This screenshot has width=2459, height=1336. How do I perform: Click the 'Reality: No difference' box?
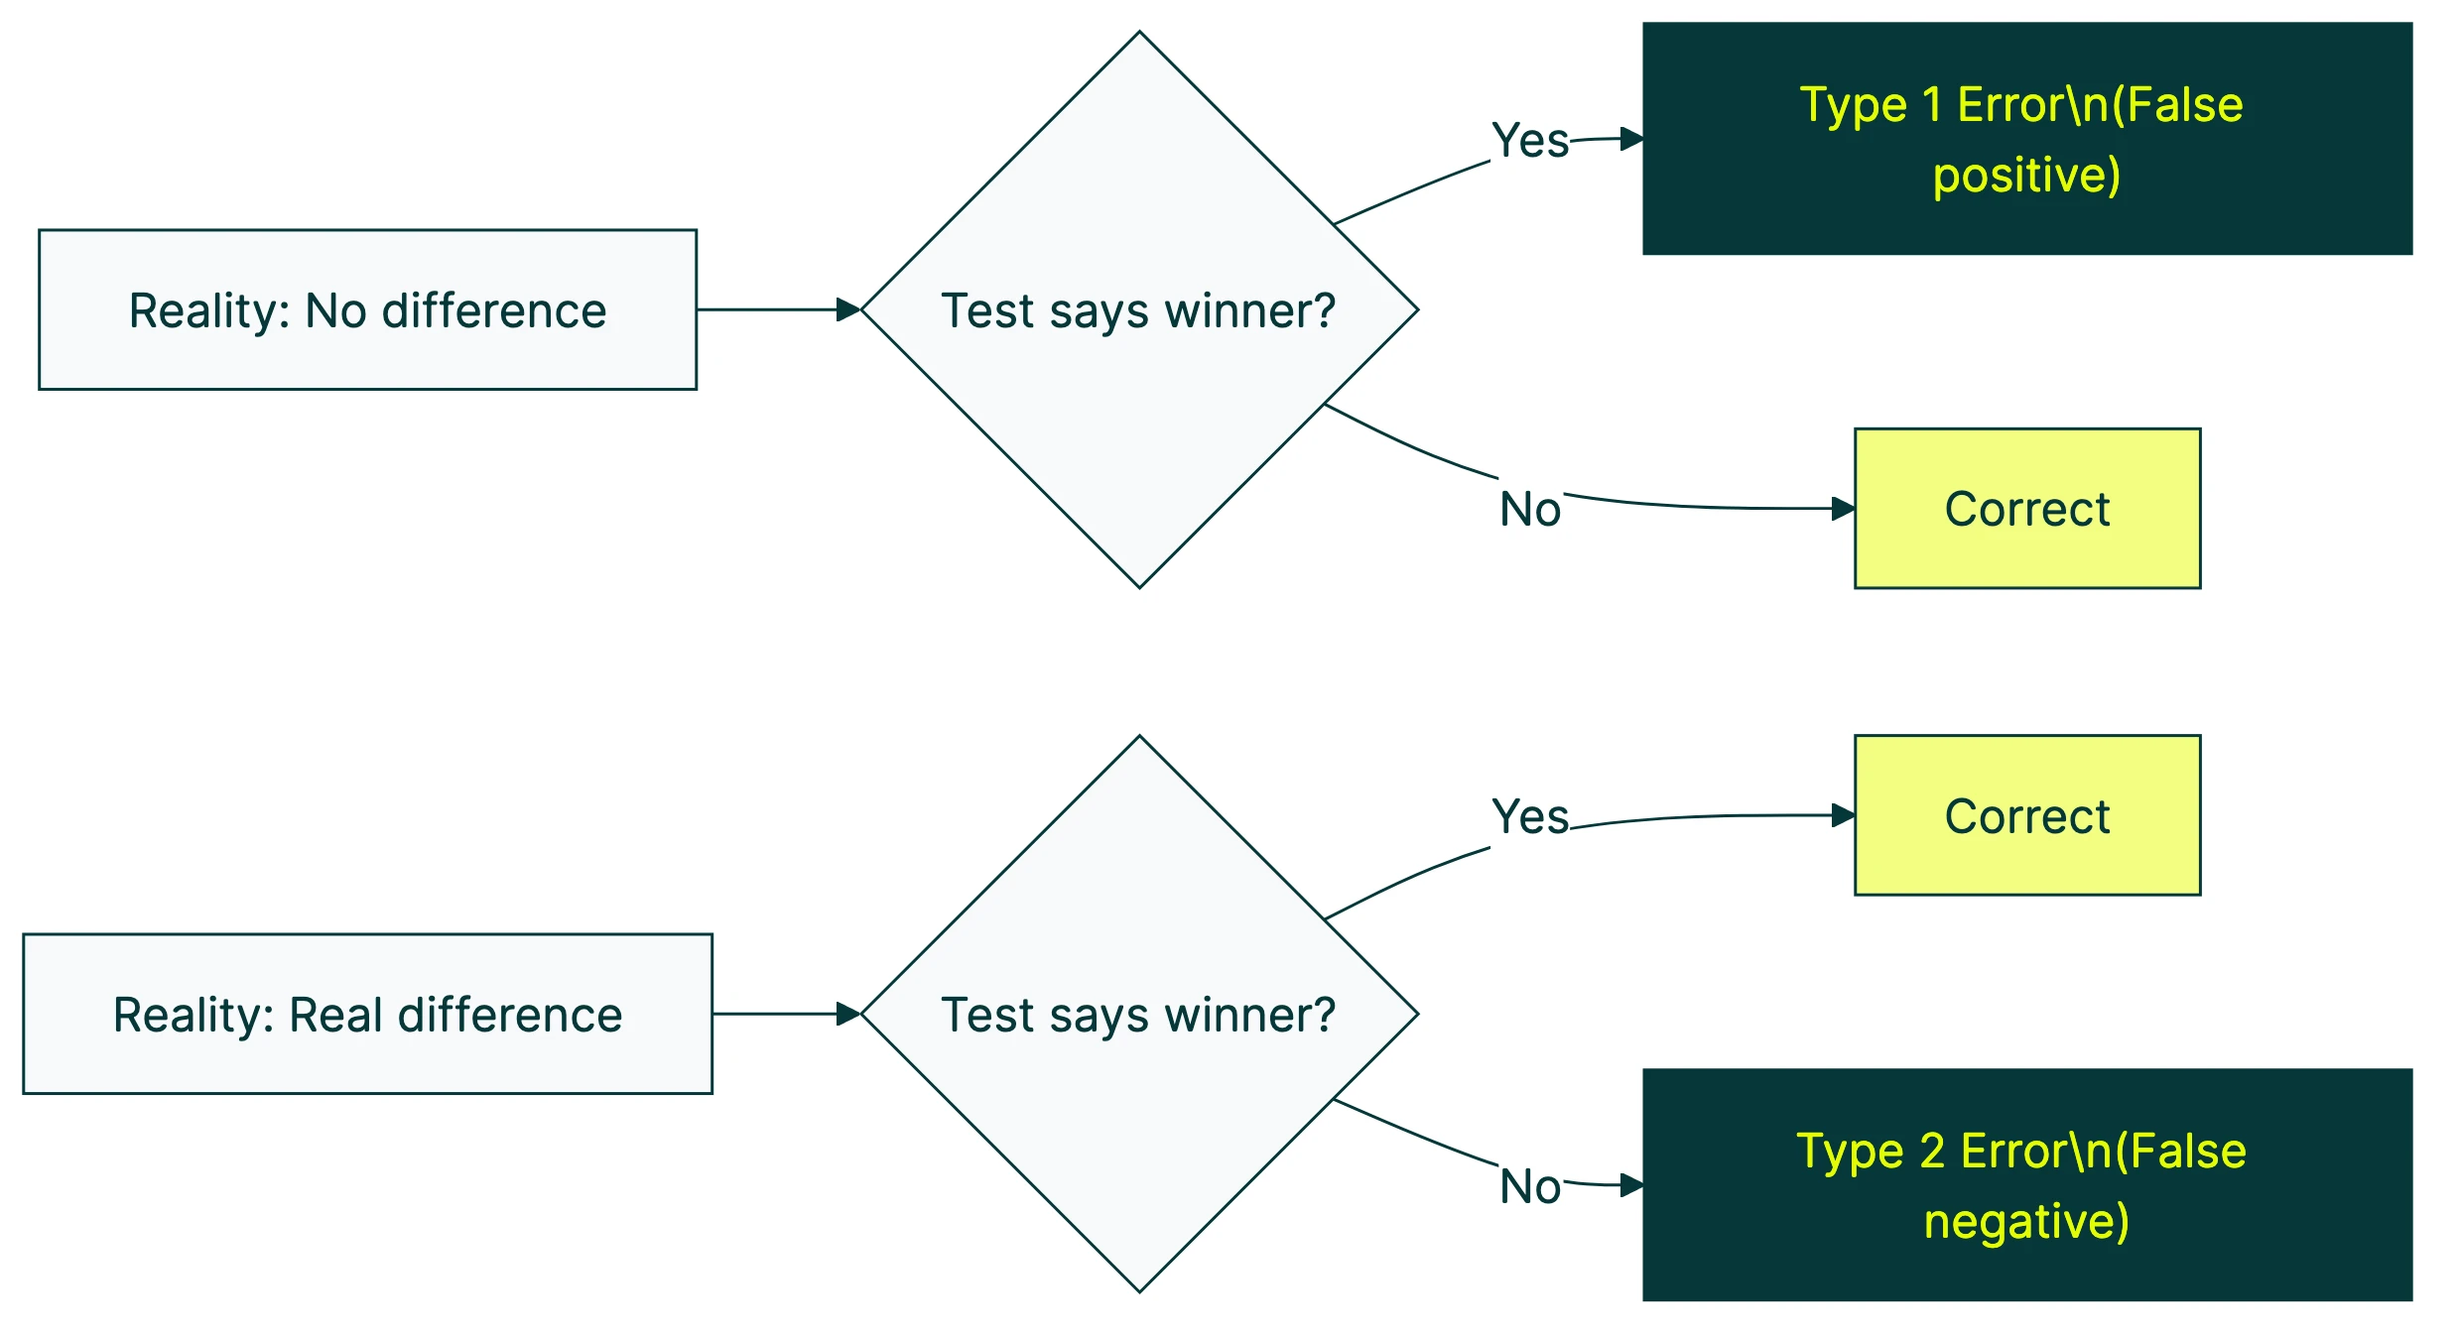[367, 309]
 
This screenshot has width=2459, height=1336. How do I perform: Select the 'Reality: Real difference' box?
[367, 1014]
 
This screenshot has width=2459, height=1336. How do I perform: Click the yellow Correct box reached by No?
[2026, 508]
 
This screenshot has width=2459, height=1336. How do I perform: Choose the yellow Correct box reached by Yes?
[2026, 815]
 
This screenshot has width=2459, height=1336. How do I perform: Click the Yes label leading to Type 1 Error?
[1529, 140]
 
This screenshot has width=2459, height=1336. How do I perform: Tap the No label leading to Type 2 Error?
[1529, 1186]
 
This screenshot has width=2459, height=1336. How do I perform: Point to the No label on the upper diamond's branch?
[1529, 509]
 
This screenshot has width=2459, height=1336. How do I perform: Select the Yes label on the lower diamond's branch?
[1529, 816]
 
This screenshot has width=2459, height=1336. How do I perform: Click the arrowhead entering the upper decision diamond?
[848, 309]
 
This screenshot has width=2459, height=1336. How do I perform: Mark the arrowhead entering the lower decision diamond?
[848, 1014]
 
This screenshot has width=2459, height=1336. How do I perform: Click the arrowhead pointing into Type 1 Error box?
[1631, 139]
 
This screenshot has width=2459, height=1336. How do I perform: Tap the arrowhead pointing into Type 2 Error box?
[1631, 1184]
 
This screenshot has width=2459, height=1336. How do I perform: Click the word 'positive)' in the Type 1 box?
[2026, 176]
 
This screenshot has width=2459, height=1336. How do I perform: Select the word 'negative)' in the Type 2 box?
[2026, 1221]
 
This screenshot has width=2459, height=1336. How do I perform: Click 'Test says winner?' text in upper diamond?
[1138, 310]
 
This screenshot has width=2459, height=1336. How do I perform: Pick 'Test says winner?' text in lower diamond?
[1138, 1015]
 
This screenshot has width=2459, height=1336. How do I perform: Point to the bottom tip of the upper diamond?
[1139, 585]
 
